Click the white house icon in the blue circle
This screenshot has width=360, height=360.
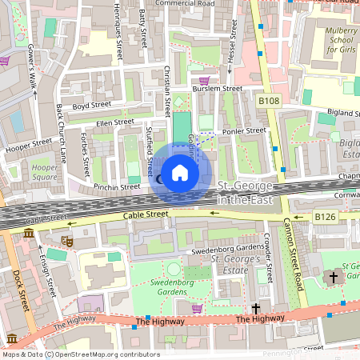pos(180,173)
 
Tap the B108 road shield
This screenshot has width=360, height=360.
pos(268,102)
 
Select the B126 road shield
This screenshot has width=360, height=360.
pos(324,217)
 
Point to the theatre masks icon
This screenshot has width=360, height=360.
pos(66,240)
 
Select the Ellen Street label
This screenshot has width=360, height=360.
pos(114,122)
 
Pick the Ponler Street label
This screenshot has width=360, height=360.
pos(245,130)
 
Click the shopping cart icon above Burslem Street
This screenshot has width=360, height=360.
pos(204,80)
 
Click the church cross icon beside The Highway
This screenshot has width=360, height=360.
pos(257,307)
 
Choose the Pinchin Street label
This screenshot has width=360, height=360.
pos(117,186)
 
